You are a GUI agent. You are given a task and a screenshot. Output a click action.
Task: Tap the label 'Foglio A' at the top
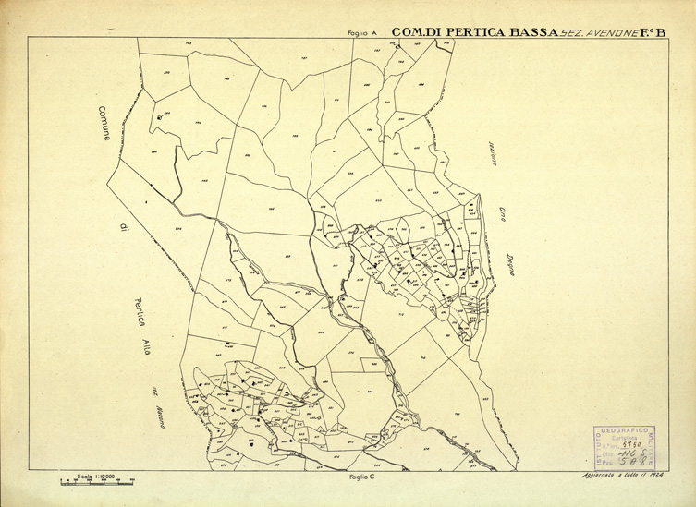coord(363,33)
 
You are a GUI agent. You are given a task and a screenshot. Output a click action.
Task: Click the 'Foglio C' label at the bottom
coord(360,477)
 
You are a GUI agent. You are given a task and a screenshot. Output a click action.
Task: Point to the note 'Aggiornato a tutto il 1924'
coord(626,475)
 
